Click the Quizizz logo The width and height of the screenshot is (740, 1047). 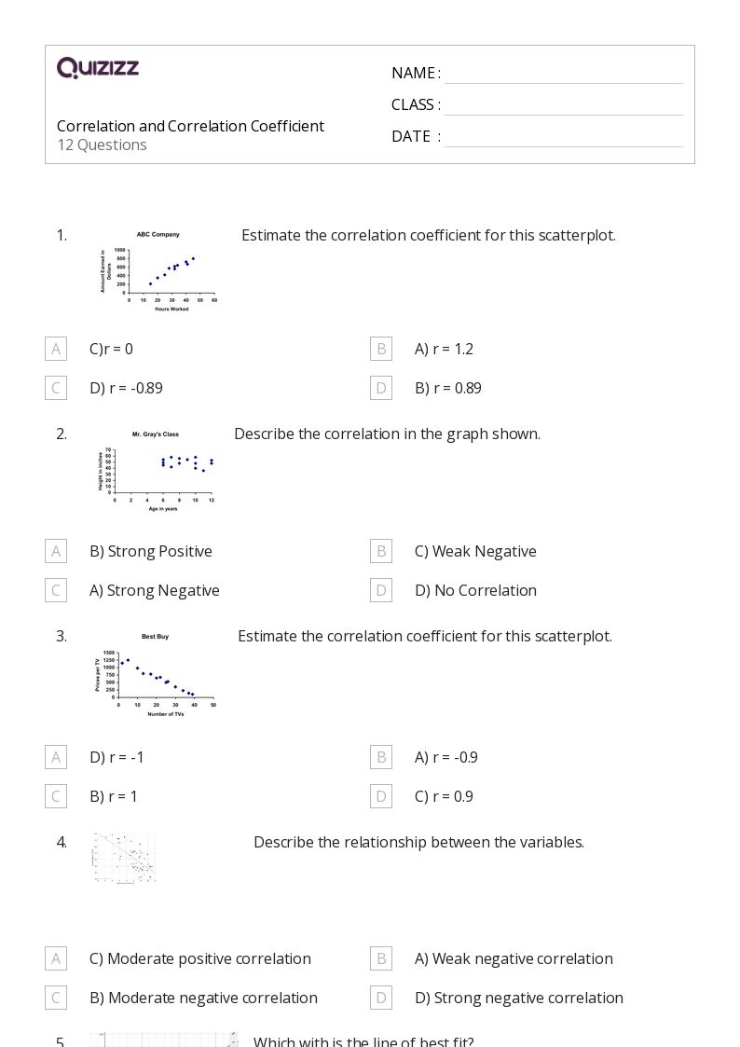pyautogui.click(x=98, y=68)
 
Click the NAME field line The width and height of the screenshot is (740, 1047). pyautogui.click(x=563, y=75)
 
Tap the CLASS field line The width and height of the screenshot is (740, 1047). pyautogui.click(x=563, y=106)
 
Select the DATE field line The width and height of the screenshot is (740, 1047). pyautogui.click(x=563, y=138)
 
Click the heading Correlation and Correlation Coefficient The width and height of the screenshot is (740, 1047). pyautogui.click(x=190, y=126)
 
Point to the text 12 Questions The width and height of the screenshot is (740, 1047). pyautogui.click(x=102, y=145)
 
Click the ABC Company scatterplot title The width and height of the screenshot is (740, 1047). pyautogui.click(x=158, y=235)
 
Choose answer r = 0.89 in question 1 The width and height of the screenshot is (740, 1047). pyautogui.click(x=447, y=388)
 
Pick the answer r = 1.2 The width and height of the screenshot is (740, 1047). pyautogui.click(x=444, y=349)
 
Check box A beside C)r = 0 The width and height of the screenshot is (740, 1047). pyautogui.click(x=56, y=349)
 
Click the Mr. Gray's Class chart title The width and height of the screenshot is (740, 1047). pyautogui.click(x=155, y=434)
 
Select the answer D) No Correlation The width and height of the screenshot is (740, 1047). pyautogui.click(x=475, y=590)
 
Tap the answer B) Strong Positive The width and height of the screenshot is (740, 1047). pyautogui.click(x=150, y=551)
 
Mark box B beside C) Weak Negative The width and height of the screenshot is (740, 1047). pyautogui.click(x=381, y=551)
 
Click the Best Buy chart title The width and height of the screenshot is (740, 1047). pyautogui.click(x=155, y=637)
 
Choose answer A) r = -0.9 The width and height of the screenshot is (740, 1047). pyautogui.click(x=445, y=757)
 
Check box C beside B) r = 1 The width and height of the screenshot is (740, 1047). pyautogui.click(x=56, y=796)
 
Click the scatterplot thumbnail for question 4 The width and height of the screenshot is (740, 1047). pyautogui.click(x=124, y=858)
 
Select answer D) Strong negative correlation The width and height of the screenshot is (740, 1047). pyautogui.click(x=518, y=998)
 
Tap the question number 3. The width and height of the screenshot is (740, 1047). pyautogui.click(x=62, y=636)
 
